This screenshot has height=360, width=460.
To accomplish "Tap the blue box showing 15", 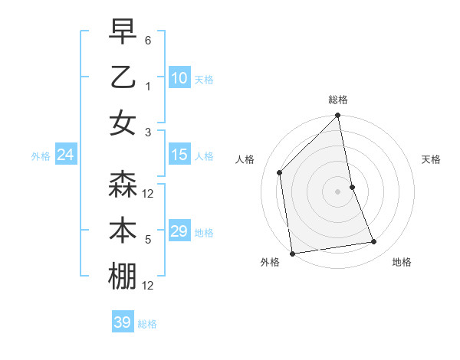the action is tap(179, 155).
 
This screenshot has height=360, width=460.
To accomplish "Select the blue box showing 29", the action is tap(179, 231).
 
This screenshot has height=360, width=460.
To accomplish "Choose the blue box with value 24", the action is tap(65, 155).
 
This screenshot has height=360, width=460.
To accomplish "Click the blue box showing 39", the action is tap(122, 322).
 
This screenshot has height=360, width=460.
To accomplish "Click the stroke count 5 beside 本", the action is tap(148, 240).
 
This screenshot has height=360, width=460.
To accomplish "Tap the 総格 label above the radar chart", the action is tap(338, 100).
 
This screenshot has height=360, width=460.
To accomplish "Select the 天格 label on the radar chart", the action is tap(431, 159).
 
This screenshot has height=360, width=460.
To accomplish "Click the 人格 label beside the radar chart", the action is tap(245, 159).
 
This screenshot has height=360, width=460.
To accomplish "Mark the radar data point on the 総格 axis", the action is tap(338, 116).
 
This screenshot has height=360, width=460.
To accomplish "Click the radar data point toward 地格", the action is tap(374, 242).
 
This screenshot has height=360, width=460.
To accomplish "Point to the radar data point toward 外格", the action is tap(292, 253).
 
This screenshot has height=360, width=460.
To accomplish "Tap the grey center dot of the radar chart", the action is tap(338, 191).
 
